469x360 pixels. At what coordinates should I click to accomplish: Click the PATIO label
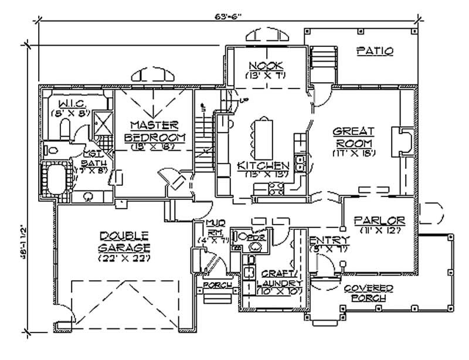[375, 51]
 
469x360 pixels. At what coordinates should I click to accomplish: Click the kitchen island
[263, 135]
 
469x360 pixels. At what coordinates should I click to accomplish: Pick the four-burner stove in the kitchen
[276, 188]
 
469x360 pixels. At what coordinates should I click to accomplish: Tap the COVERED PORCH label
[368, 293]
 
